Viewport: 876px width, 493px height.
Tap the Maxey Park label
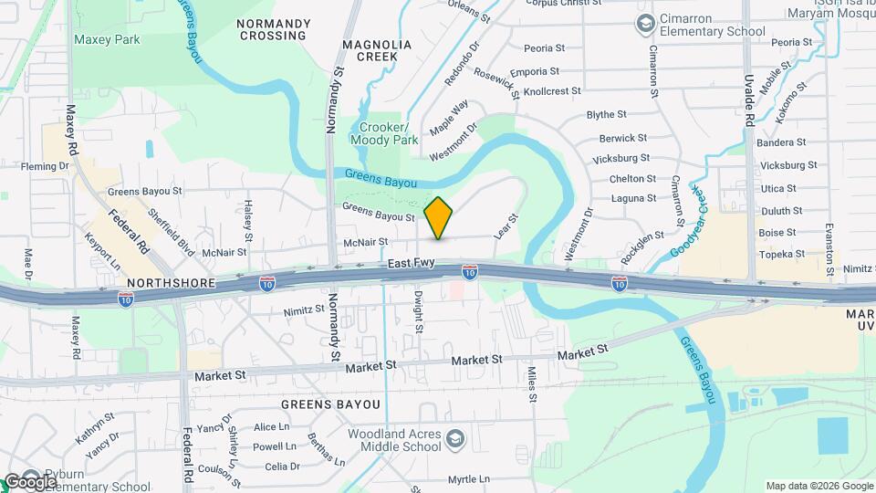pyautogui.click(x=107, y=39)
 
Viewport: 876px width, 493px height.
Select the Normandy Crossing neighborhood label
pyautogui.click(x=273, y=28)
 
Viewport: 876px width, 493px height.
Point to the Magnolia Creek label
pyautogui.click(x=377, y=50)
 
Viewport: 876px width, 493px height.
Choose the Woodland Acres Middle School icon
pyautogui.click(x=454, y=442)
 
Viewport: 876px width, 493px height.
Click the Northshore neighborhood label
pyautogui.click(x=172, y=283)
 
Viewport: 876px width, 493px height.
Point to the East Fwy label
pyautogui.click(x=408, y=263)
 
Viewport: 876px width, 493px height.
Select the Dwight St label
pyautogui.click(x=419, y=311)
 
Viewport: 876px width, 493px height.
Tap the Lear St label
pyautogui.click(x=506, y=226)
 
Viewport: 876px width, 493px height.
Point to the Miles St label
pyautogui.click(x=531, y=384)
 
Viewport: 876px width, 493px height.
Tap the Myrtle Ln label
pyautogui.click(x=469, y=479)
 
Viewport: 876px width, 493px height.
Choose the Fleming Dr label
pyautogui.click(x=46, y=166)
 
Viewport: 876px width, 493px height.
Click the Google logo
pyautogui.click(x=30, y=481)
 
